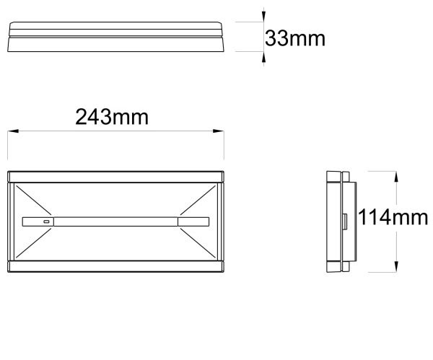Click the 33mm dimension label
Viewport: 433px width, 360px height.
click(295, 38)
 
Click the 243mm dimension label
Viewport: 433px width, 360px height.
click(112, 117)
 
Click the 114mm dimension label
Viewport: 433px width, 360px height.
click(393, 217)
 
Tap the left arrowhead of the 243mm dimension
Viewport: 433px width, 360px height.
click(13, 131)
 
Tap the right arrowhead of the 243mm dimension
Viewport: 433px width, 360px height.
click(219, 131)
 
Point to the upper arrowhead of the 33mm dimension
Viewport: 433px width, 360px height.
click(263, 17)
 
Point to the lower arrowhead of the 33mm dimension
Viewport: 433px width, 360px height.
click(263, 57)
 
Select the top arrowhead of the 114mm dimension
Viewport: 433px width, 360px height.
click(396, 177)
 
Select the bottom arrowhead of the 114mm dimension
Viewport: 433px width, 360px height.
click(396, 267)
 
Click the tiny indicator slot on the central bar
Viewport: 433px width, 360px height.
click(46, 221)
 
